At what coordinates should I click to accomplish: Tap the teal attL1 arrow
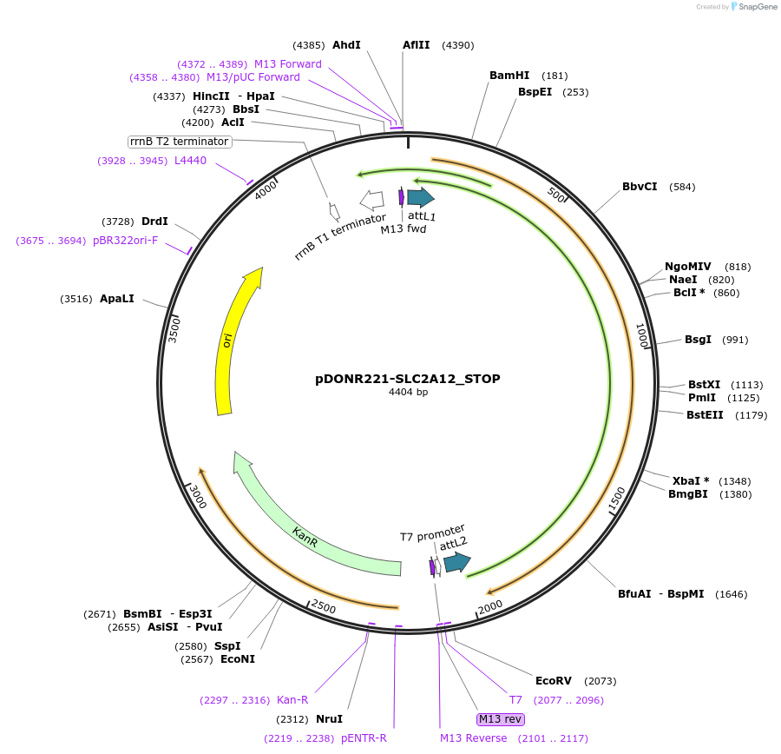tap(421, 197)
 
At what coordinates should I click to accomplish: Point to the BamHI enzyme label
tap(509, 76)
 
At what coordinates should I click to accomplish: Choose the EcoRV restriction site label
tap(554, 680)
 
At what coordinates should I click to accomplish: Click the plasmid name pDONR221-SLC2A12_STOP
tap(408, 379)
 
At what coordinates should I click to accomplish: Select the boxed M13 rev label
tap(501, 719)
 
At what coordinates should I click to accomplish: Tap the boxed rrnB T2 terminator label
tap(180, 142)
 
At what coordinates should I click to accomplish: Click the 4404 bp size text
tap(408, 393)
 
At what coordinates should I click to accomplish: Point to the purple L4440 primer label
tap(190, 160)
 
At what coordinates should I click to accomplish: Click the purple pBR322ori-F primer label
tap(126, 241)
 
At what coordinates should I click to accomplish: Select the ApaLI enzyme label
tap(117, 299)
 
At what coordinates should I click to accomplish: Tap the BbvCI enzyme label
tap(640, 186)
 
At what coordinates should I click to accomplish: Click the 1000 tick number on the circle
tap(643, 335)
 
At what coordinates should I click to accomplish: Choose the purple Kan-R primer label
tap(292, 700)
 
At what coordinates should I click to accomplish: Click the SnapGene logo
tap(753, 7)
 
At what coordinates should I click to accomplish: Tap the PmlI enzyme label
tap(702, 398)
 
